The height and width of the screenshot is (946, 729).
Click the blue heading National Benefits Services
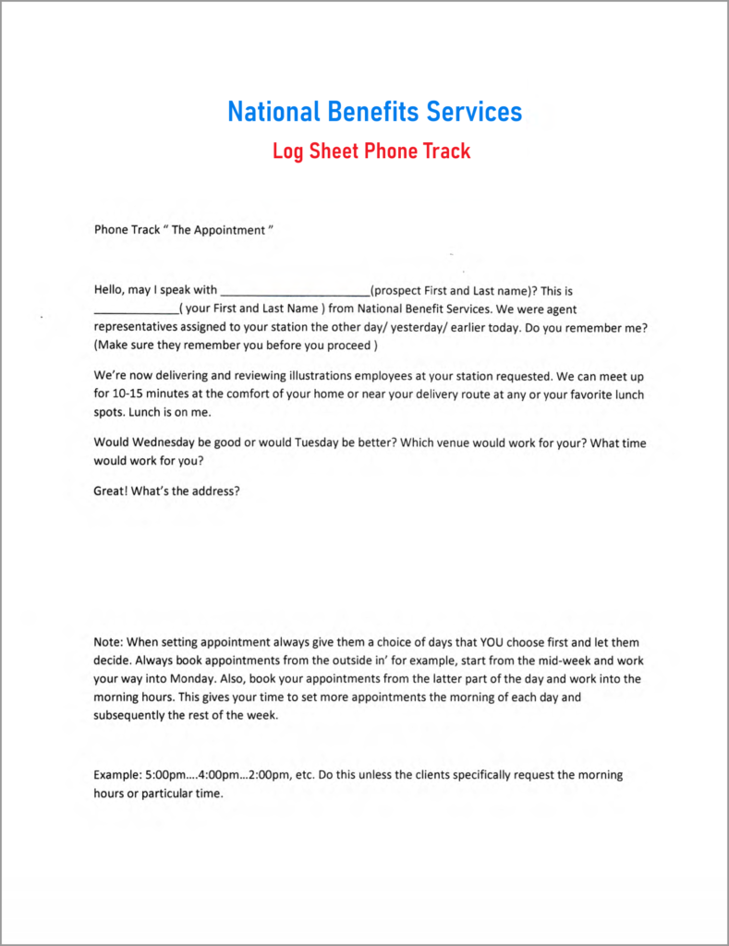coord(374,113)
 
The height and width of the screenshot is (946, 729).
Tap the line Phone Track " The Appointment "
coord(184,230)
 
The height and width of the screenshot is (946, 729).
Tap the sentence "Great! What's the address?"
coord(167,491)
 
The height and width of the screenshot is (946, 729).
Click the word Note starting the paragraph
coord(107,642)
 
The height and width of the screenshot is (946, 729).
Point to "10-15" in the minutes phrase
coord(129,394)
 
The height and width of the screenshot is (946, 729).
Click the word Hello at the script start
coord(111,290)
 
